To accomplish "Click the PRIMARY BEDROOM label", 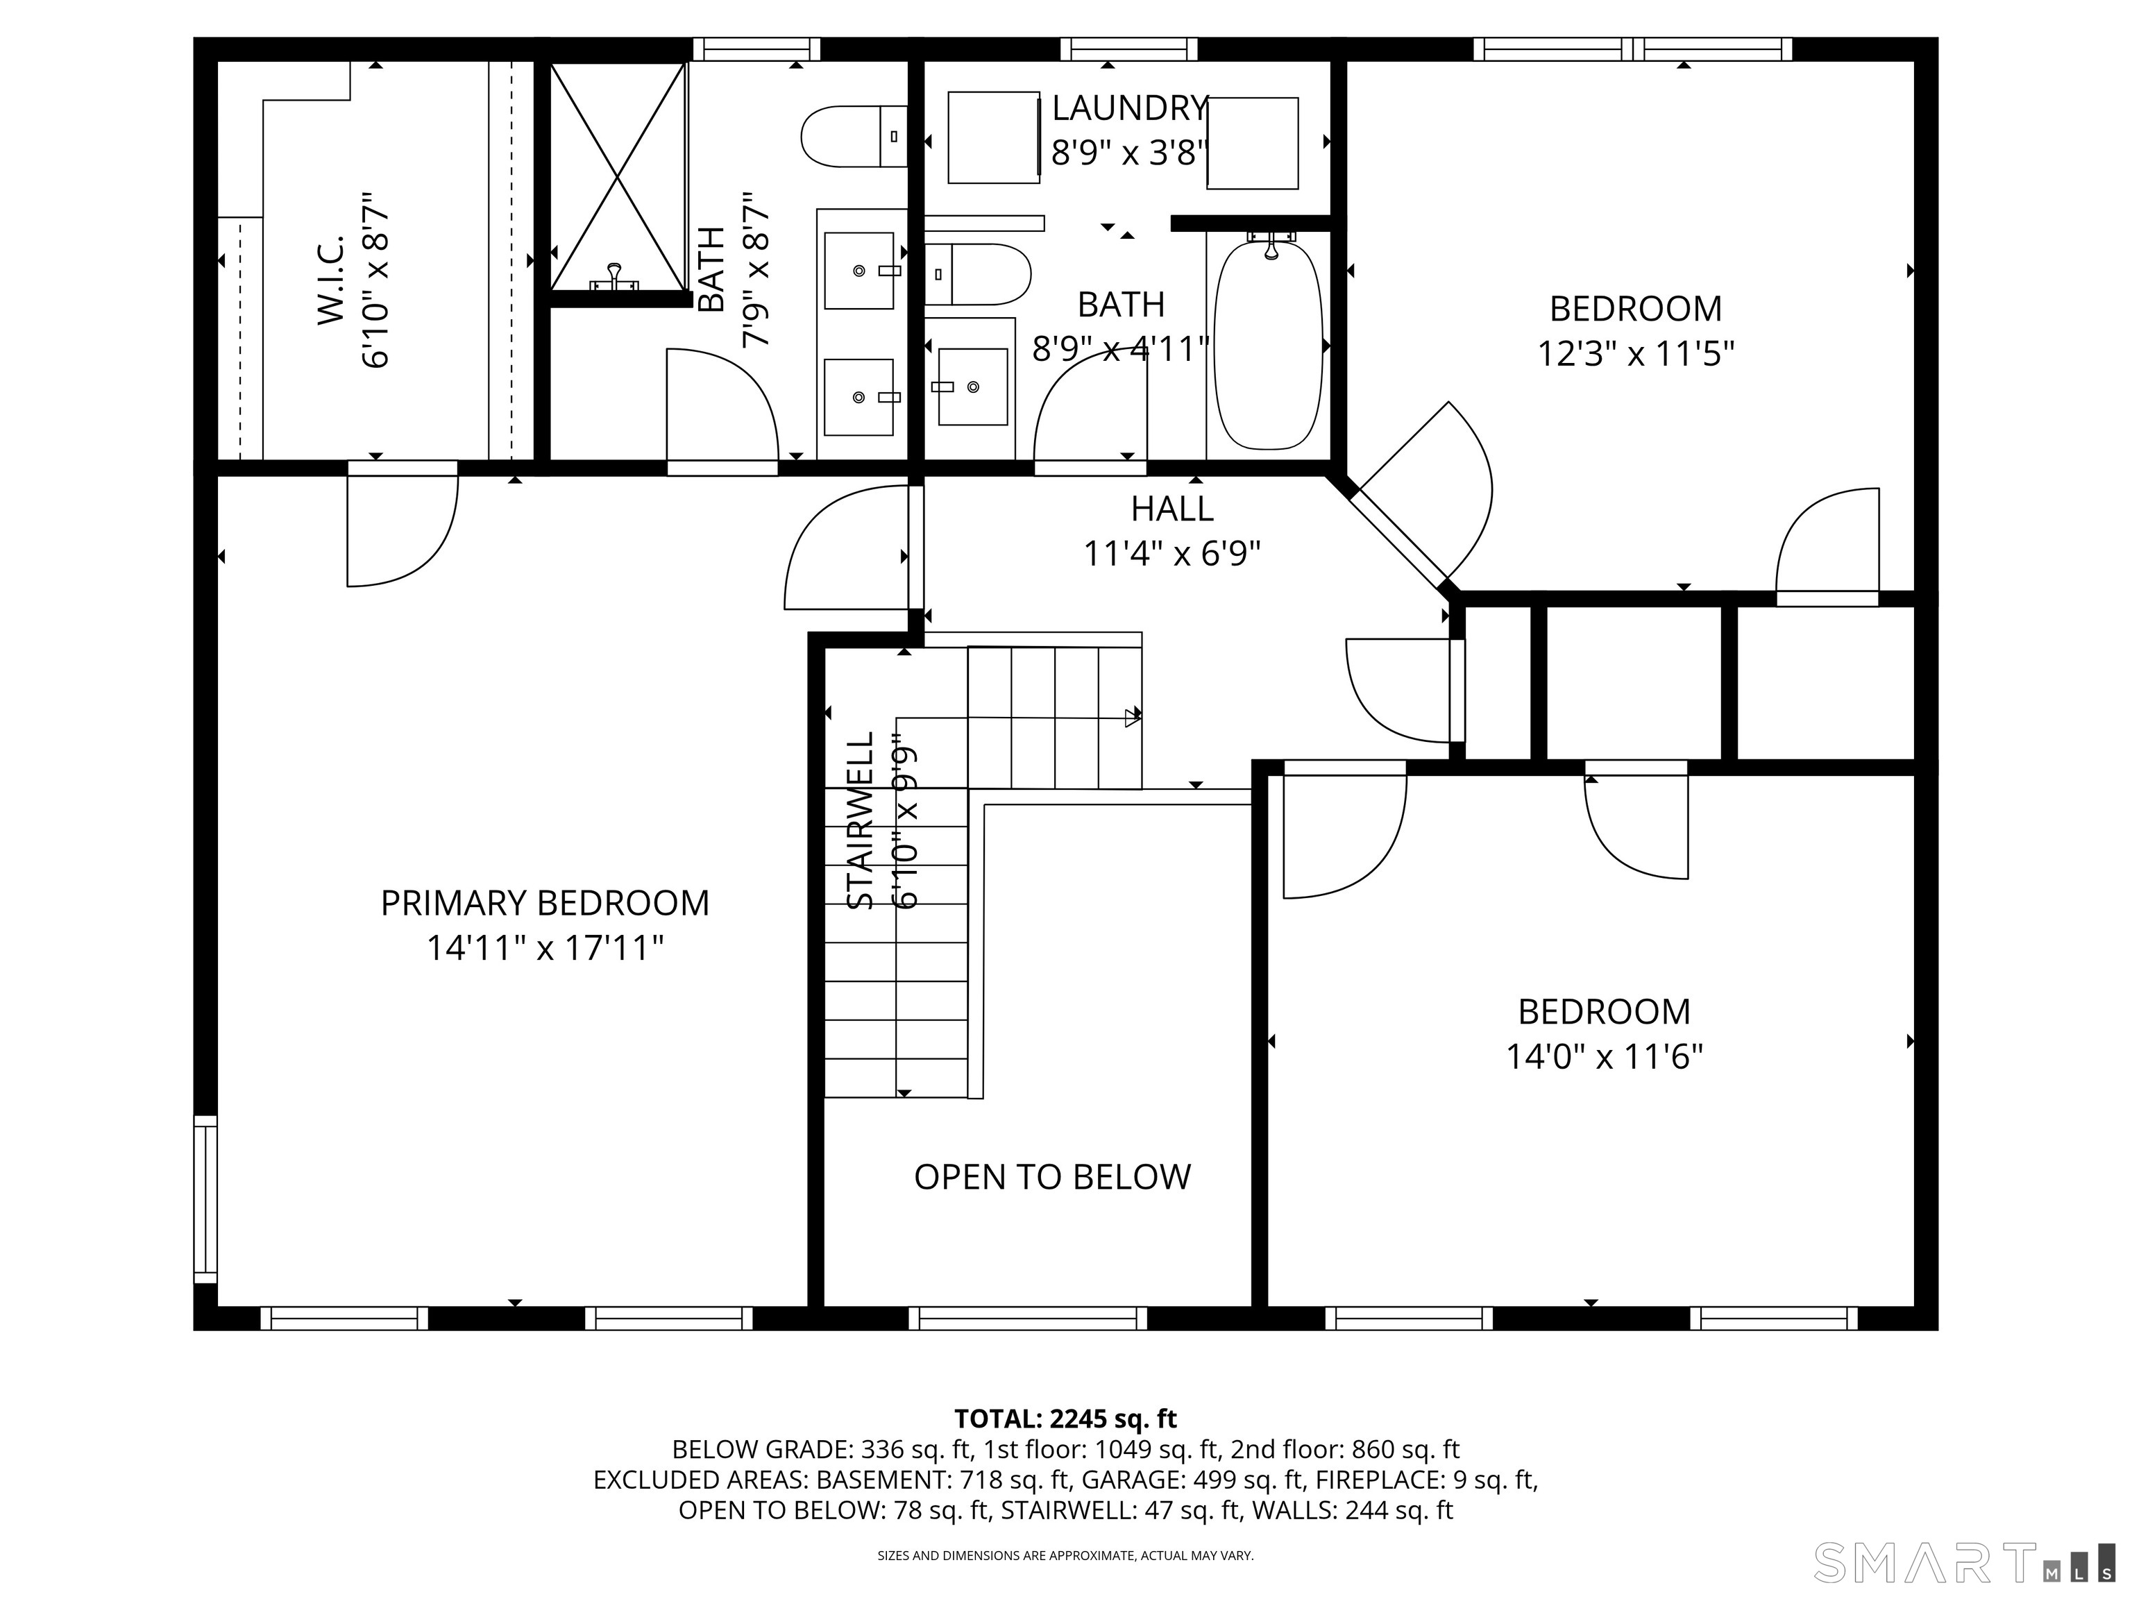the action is coord(545,903).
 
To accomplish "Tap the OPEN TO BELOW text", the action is coord(1053,1177).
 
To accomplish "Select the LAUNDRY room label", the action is coord(1130,108).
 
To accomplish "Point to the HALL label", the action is coord(1172,508).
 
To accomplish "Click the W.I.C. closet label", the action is coord(330,278).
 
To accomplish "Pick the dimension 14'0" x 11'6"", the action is coord(1605,1058).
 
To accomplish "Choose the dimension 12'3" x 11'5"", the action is coord(1636,354).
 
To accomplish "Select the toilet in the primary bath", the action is coord(854,136).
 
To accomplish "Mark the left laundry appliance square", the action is coord(994,137).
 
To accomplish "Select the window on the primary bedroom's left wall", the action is coord(205,1199).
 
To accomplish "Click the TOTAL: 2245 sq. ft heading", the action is coord(1065,1419).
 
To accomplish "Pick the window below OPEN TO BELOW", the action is coord(1029,1317).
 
